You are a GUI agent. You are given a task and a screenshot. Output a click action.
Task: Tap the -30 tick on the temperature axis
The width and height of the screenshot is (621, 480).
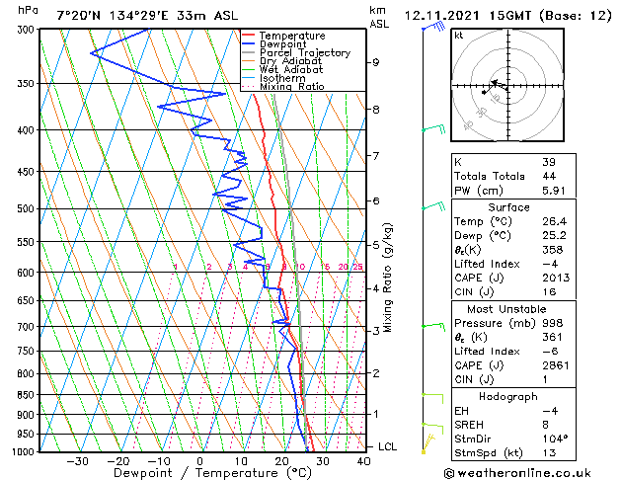pos(77,461)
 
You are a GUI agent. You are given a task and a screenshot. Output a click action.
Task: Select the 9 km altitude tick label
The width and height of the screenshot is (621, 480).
pos(376,62)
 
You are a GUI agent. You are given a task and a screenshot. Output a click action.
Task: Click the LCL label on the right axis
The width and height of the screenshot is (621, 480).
pos(389,446)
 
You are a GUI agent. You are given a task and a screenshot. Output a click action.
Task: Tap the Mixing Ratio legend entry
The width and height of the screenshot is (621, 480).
pos(291,87)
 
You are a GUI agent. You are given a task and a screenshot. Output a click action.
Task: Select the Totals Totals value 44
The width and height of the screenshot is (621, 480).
pos(548,176)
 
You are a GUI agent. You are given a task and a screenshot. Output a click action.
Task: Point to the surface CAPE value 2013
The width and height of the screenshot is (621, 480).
pos(555,278)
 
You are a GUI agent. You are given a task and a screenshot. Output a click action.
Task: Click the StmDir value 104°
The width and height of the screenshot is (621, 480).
pos(555,438)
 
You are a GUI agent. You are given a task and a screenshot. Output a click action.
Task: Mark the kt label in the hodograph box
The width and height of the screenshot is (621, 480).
pos(459,35)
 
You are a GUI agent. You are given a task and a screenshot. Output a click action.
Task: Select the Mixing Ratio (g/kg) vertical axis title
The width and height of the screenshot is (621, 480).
pos(388,277)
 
